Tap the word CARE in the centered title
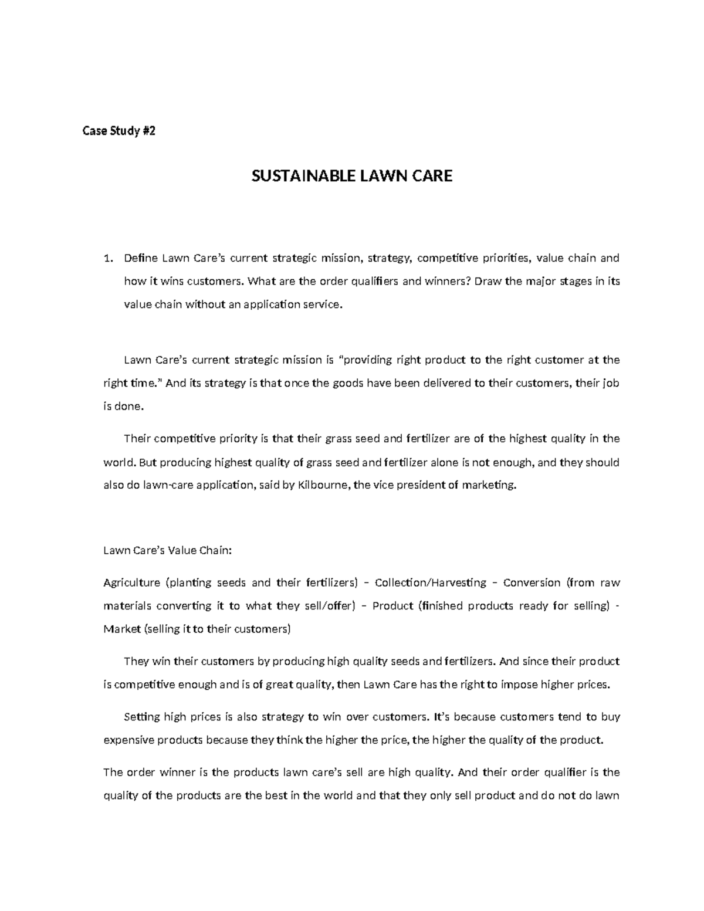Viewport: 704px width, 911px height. [432, 176]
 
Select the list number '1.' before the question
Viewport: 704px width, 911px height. [107, 258]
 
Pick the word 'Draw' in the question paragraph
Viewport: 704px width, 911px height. [488, 281]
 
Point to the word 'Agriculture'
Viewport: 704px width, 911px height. [131, 583]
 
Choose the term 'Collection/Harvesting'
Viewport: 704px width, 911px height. [431, 583]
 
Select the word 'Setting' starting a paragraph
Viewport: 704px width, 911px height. [141, 717]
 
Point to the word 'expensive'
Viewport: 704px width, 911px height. [126, 740]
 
